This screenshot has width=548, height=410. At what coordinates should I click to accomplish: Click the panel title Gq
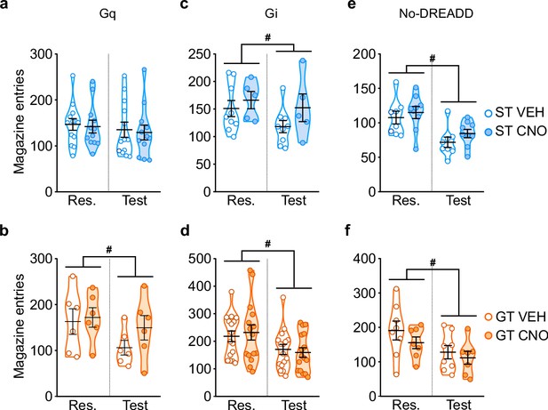click(x=107, y=15)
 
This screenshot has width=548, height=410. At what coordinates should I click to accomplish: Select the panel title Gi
click(x=271, y=14)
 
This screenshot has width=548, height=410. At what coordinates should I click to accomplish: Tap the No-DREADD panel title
click(x=436, y=14)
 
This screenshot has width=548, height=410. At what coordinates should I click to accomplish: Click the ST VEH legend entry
click(x=514, y=113)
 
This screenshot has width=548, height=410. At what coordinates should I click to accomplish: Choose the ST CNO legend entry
click(x=515, y=131)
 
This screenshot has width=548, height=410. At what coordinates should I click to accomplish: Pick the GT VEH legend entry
click(x=515, y=317)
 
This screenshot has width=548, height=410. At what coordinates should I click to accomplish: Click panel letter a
click(x=4, y=5)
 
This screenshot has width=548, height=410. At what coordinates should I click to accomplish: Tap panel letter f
click(x=348, y=231)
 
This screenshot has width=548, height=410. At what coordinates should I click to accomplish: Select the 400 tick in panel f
click(x=364, y=259)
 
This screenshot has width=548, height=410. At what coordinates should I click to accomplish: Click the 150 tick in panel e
click(x=364, y=89)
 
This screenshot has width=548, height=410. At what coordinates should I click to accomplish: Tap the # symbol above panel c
click(x=267, y=37)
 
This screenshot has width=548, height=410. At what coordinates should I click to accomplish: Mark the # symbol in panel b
click(x=109, y=250)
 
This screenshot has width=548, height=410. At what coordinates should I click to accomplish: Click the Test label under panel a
click(x=134, y=201)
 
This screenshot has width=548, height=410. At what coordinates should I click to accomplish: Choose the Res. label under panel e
click(x=406, y=201)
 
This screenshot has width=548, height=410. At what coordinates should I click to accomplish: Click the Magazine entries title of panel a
click(x=20, y=122)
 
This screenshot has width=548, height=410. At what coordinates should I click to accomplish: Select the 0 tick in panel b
click(x=49, y=397)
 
